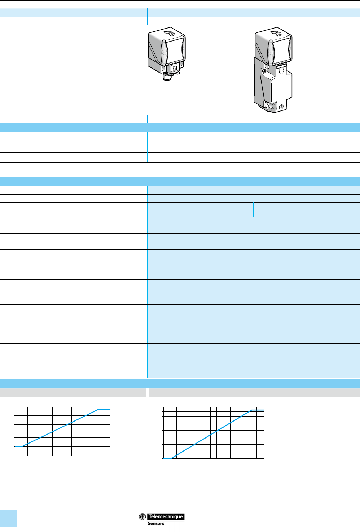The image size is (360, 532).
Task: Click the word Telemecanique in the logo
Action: [x=166, y=516]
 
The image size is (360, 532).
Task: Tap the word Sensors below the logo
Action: [x=156, y=523]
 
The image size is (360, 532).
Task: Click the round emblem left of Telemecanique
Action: [x=142, y=516]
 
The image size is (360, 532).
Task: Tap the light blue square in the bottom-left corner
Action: [x=9, y=519]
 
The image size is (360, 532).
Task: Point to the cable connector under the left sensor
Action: [x=167, y=76]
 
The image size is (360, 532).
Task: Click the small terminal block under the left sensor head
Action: [x=176, y=67]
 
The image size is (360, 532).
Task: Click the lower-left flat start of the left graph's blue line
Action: [x=18, y=446]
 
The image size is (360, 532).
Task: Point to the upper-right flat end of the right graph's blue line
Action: [x=258, y=410]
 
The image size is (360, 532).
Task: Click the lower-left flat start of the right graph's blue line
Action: [x=167, y=458]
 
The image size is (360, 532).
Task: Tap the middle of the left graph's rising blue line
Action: [x=60, y=428]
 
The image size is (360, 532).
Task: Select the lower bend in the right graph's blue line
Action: [x=171, y=458]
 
